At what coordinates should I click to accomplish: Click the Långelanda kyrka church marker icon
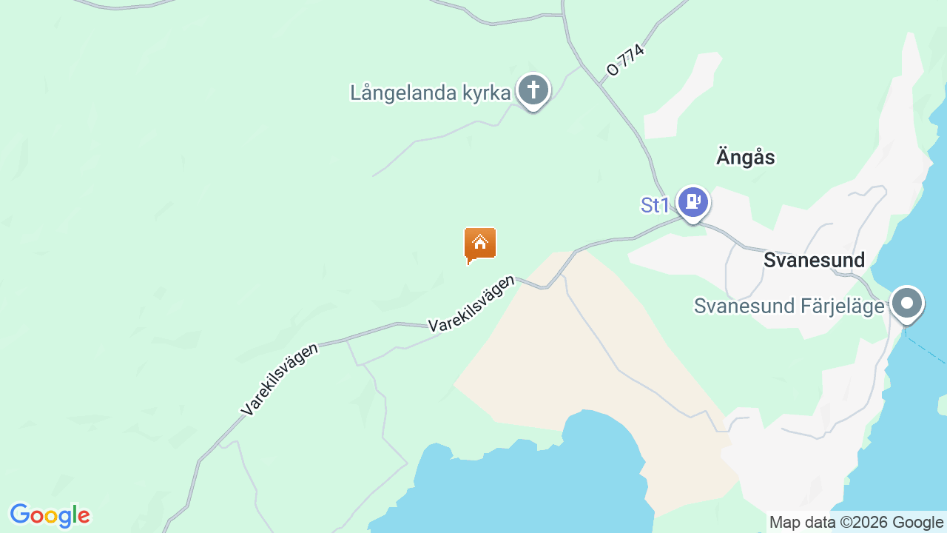coord(533,90)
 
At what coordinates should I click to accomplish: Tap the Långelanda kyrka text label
coord(430,93)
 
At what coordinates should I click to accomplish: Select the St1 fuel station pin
coord(692,201)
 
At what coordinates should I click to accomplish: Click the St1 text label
coord(655,205)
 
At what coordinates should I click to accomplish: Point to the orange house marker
coord(479,244)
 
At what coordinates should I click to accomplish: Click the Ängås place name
coord(745,158)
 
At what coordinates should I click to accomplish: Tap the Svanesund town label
coord(814,261)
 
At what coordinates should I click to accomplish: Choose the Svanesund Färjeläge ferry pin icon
coord(906,304)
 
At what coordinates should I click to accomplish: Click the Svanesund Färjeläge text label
coord(789,306)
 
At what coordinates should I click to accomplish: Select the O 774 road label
coord(626,60)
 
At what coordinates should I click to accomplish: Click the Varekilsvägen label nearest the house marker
coord(471,304)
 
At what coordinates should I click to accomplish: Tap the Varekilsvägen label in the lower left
coord(280,378)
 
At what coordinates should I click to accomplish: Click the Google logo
coord(50,515)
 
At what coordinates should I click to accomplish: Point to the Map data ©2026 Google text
coord(856,523)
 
